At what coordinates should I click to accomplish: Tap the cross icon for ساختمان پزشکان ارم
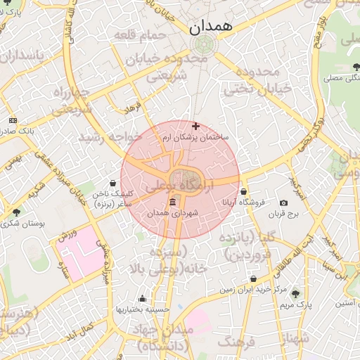[195, 126]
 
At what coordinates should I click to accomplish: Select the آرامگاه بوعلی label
[179, 188]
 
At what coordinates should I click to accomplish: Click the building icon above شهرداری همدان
[173, 202]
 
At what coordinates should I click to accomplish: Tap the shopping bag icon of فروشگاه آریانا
[243, 191]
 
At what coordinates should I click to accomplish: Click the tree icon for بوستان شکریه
[17, 212]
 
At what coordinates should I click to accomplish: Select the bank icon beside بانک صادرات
[12, 120]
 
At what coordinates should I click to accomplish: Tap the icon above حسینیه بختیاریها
[143, 298]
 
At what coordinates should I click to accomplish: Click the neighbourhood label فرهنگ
[236, 342]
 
